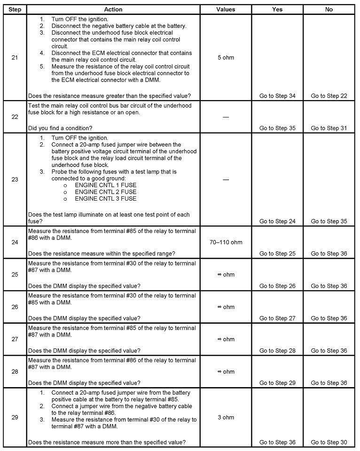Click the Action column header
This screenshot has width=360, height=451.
click(113, 9)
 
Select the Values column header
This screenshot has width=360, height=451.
click(226, 9)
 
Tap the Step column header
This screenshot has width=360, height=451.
click(15, 9)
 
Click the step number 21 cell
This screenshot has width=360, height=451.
click(15, 58)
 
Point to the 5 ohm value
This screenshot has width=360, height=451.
click(226, 58)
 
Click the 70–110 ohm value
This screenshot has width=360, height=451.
click(226, 242)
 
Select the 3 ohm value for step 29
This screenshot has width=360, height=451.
click(226, 417)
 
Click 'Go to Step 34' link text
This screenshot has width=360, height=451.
click(277, 96)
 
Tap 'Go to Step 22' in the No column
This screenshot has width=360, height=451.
click(329, 96)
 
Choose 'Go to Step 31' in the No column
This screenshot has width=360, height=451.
click(329, 128)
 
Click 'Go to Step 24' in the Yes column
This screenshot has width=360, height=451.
click(277, 221)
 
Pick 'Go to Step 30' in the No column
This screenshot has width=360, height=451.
click(329, 442)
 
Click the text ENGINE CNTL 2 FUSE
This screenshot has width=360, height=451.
click(106, 192)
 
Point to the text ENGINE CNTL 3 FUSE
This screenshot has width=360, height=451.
click(106, 198)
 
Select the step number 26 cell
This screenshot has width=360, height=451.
click(15, 307)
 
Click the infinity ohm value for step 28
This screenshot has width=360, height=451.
click(226, 372)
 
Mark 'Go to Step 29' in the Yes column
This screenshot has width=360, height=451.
click(277, 383)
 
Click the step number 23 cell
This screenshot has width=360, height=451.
click(15, 179)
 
